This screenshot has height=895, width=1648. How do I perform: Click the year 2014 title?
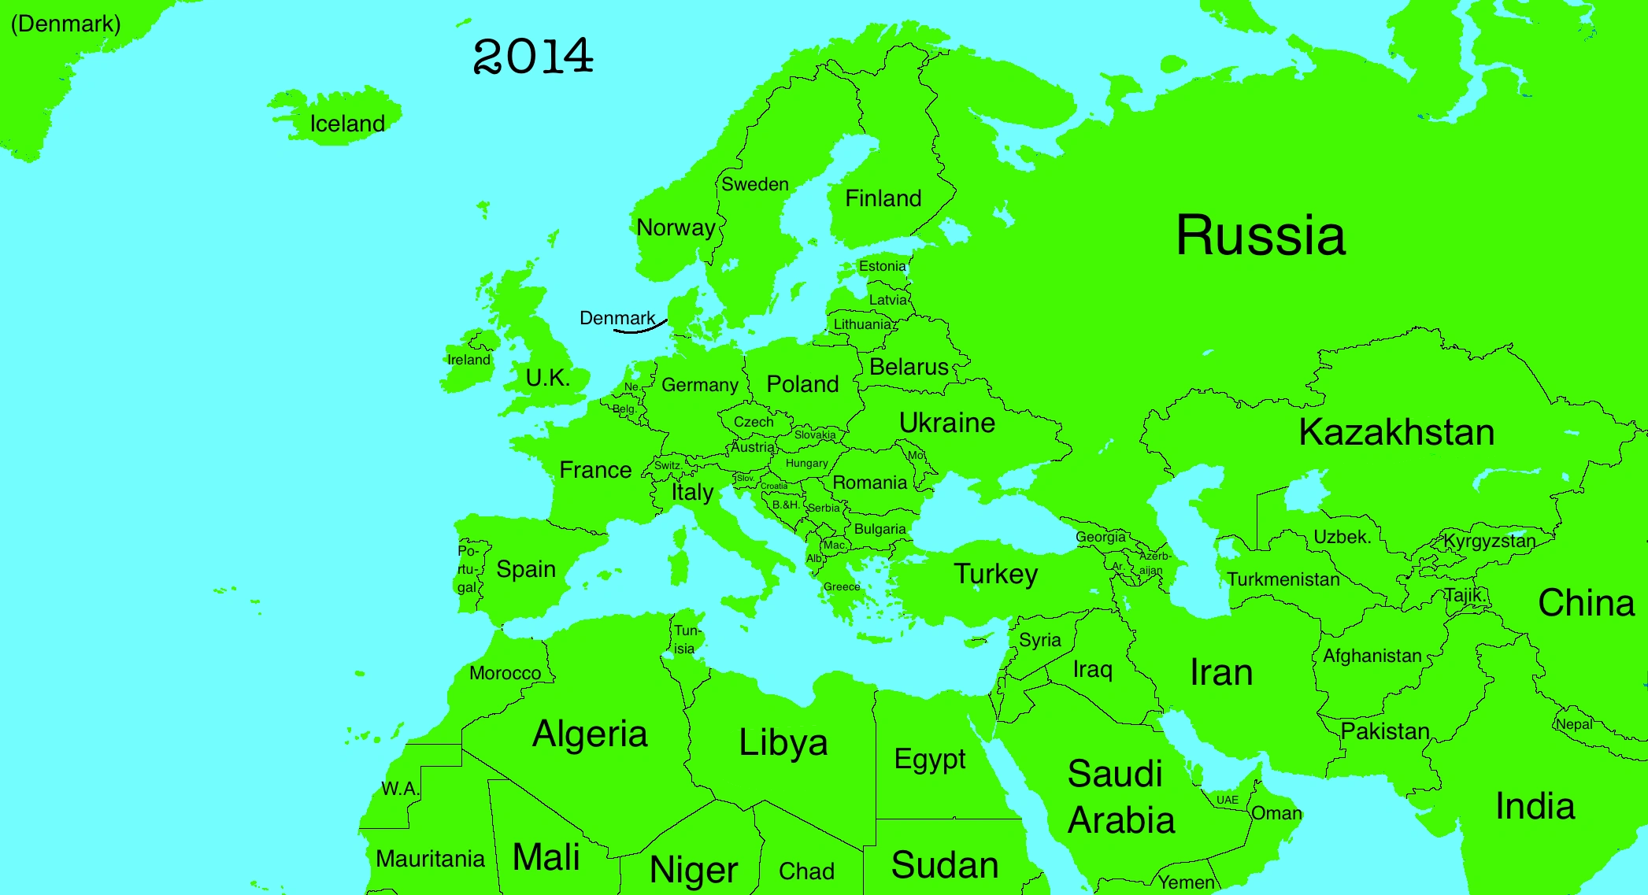[533, 57]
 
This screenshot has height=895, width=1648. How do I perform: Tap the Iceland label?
[347, 124]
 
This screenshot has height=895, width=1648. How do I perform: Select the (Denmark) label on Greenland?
[65, 24]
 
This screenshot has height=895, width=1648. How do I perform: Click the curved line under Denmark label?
[639, 328]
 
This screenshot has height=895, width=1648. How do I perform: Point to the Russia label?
[1260, 235]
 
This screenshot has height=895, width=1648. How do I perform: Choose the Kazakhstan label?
[1396, 432]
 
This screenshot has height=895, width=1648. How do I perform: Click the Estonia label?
[882, 266]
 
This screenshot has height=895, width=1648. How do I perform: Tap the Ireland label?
[468, 360]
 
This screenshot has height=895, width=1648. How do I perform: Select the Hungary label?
[806, 464]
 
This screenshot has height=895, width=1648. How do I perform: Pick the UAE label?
[1227, 800]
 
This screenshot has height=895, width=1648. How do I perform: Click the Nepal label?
[1574, 724]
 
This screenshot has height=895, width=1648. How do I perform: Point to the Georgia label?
[1100, 537]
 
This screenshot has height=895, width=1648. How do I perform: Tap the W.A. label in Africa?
[400, 788]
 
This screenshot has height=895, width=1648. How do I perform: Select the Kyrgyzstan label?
[1489, 541]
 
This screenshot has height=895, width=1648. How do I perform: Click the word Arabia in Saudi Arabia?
[1121, 820]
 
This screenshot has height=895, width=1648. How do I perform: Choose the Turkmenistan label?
[1283, 579]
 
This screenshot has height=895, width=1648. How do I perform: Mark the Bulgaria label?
[880, 529]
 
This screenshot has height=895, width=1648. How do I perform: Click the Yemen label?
[1186, 882]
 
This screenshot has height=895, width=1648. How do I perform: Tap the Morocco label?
[505, 673]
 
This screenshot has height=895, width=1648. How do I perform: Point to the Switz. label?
[667, 465]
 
